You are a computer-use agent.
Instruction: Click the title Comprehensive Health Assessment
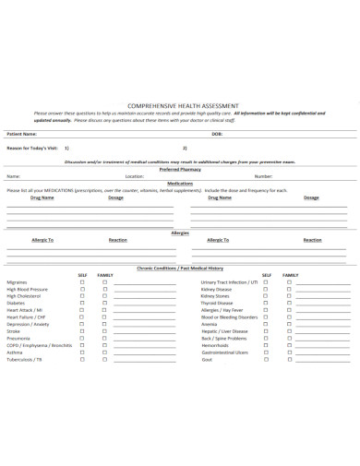point(180,105)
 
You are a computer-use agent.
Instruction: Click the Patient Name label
point(23,134)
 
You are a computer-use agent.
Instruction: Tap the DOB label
point(217,134)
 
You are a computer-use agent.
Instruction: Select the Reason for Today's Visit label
point(33,147)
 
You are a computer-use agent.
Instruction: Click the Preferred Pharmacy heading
point(180,169)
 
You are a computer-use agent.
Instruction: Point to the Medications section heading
point(180,183)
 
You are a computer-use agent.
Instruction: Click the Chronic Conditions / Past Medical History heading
point(180,268)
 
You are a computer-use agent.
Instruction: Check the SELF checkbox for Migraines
point(82,281)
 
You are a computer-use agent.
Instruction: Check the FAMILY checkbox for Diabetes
point(105,303)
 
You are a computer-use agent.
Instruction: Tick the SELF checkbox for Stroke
point(82,330)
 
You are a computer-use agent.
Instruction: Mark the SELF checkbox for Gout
point(267,359)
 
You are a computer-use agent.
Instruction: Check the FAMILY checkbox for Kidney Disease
point(289,289)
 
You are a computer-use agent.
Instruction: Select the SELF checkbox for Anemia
point(267,324)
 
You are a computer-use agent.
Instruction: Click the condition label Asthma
point(15,352)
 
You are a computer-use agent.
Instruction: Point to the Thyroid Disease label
point(218,303)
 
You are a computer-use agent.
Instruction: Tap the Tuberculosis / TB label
point(25,359)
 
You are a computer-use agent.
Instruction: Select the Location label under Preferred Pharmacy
point(135,175)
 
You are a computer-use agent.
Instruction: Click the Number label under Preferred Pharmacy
point(263,175)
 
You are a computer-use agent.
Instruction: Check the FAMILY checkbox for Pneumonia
point(105,338)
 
